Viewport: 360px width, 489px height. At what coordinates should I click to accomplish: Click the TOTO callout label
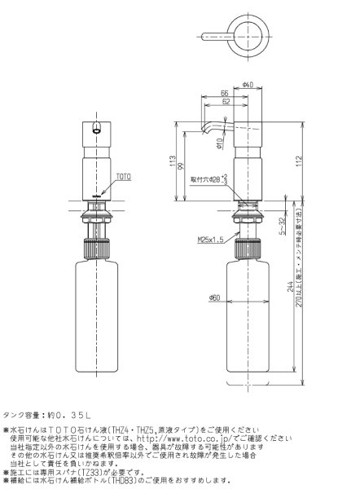click(x=123, y=176)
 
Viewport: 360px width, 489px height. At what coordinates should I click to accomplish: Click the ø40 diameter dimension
click(x=248, y=85)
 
